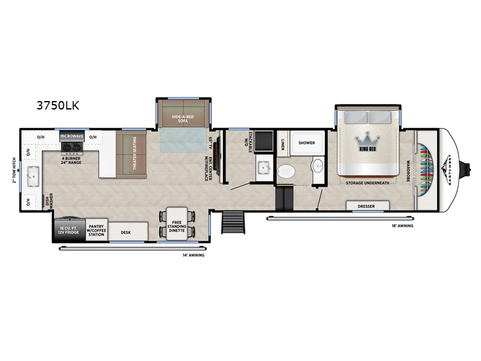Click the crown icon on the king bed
click(366, 138)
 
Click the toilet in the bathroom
click(287, 170)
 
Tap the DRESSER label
click(366, 206)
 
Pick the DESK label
click(126, 232)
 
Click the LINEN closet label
click(283, 144)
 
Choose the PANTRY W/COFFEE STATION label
click(97, 230)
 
